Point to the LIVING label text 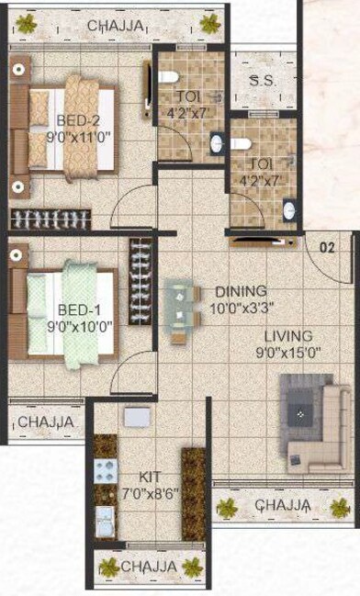click(287, 336)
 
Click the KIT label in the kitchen click(151, 478)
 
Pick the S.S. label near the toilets click(262, 81)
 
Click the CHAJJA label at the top click(115, 26)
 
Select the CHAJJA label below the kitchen click(148, 567)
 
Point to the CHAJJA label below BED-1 click(44, 422)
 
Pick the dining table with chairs click(184, 312)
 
